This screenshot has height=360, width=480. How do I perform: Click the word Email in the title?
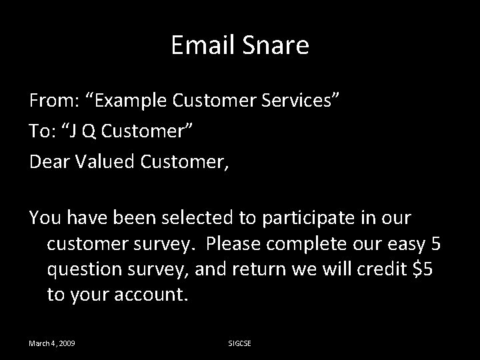[200, 45]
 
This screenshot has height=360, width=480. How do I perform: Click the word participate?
[306, 218]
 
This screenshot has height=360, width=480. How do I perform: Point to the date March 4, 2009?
[52, 343]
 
